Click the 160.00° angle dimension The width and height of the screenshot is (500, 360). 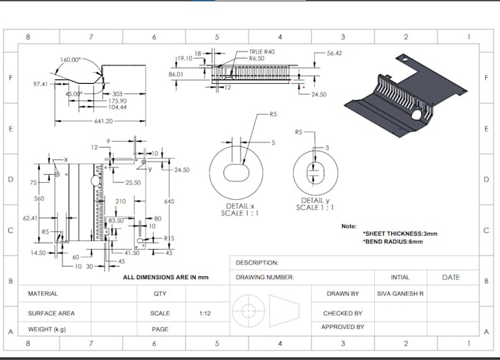coord(71,60)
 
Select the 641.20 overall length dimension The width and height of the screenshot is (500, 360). coord(104,121)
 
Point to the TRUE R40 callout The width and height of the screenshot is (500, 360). coord(260,52)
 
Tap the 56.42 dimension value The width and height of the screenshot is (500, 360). coord(335,53)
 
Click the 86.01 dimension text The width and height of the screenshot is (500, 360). coord(176,74)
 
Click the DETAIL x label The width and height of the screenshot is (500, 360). coord(242,206)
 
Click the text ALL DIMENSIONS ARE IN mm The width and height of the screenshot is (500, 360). coord(166,277)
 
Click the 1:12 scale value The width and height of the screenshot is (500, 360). coord(207,313)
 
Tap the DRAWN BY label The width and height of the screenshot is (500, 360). coord(343,294)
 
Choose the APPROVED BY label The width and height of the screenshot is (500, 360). coord(343,327)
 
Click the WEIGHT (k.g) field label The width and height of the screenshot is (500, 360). coord(47,329)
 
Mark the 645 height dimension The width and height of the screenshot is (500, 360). coord(169,201)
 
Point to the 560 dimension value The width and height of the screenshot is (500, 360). coord(39,199)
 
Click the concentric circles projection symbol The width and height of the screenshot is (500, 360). coord(249,310)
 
